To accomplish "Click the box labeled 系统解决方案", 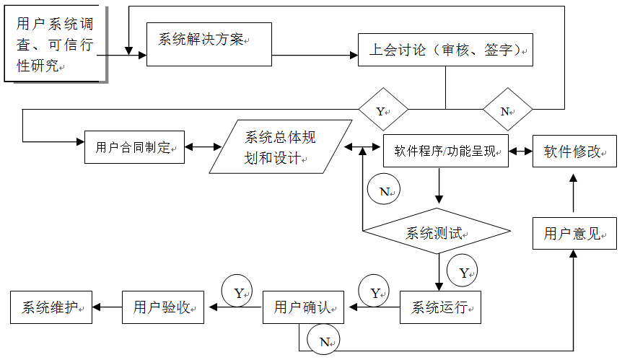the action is [x=209, y=44].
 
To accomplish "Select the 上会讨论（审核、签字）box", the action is [x=445, y=50].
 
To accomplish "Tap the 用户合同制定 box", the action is [x=134, y=147].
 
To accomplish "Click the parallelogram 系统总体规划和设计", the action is [x=281, y=146].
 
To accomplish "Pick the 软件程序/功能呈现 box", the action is [x=445, y=151].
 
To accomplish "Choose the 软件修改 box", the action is [x=574, y=151].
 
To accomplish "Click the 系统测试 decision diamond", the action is [x=437, y=231].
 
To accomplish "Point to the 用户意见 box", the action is [x=574, y=233].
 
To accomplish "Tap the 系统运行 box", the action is [x=440, y=307].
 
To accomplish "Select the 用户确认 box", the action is [x=303, y=307].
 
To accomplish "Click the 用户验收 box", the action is [x=163, y=307].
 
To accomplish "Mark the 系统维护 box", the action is [x=51, y=307].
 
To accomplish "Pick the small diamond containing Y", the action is [x=383, y=109].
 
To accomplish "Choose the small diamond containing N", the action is [x=508, y=109].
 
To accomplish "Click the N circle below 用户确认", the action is [x=323, y=339].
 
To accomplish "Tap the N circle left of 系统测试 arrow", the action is [x=384, y=189].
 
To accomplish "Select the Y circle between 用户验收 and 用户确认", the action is [x=237, y=291].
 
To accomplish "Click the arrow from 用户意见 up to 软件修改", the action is [x=573, y=193].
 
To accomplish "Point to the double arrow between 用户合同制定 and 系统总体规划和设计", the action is [x=203, y=147].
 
